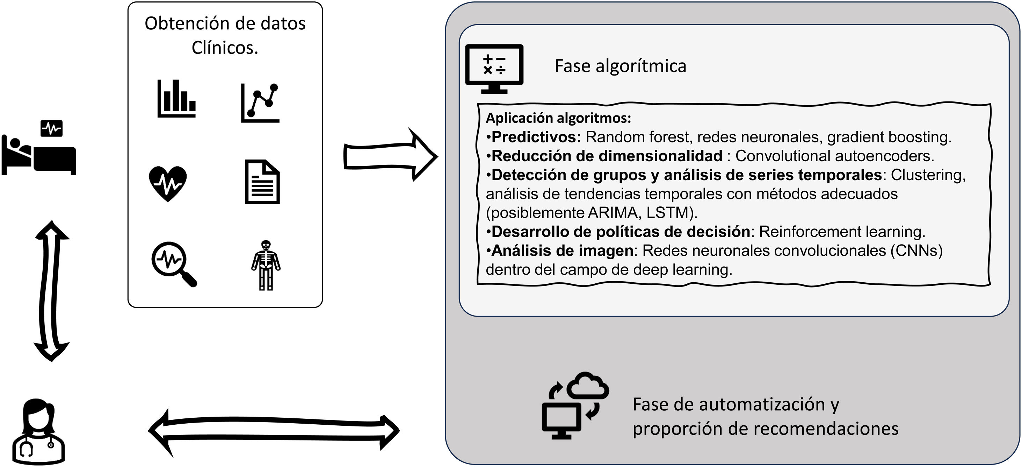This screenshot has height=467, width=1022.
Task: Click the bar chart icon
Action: coord(176,99)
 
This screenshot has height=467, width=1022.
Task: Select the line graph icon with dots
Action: coord(260,103)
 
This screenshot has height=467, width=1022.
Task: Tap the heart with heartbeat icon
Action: coord(168,183)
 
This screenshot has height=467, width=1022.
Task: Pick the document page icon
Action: coord(262,182)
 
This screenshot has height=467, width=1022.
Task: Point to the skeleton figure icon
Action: coord(266,265)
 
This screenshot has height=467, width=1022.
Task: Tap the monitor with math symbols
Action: coord(494,68)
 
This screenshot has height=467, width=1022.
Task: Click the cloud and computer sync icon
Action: coord(575,405)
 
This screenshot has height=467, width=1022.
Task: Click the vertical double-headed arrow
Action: coord(52,291)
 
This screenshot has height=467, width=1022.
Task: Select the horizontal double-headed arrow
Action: coord(273,432)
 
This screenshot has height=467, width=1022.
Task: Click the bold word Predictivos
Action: coord(536,137)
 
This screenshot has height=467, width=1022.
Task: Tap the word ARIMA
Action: coord(613,213)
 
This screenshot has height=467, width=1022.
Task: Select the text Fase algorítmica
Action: coord(620,66)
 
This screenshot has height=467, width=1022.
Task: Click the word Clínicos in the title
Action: coord(225,48)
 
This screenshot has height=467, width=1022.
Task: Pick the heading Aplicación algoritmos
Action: coord(558,118)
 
